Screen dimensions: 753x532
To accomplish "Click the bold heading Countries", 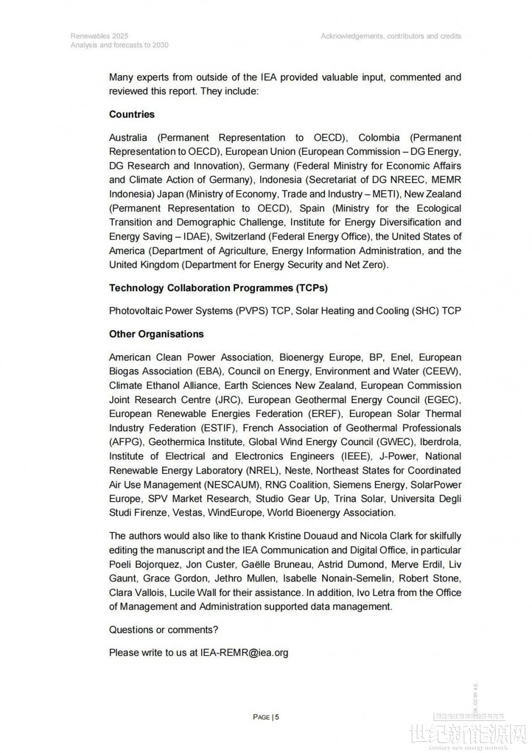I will (131, 114).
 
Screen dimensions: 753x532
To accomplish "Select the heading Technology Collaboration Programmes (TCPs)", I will (218, 288).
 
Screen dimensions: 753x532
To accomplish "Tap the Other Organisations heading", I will (156, 334).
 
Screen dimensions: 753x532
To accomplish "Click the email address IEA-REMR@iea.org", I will (244, 653).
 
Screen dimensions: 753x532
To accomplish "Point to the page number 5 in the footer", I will (277, 717).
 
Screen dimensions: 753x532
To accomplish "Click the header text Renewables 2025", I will (99, 36).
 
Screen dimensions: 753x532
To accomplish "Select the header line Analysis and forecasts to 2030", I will (119, 45).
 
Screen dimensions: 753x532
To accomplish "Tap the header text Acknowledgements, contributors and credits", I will (391, 36).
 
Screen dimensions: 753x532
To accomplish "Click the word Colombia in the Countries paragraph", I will (381, 137).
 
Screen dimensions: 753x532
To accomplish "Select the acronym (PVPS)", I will (252, 311).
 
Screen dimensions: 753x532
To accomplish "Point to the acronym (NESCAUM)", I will (232, 485).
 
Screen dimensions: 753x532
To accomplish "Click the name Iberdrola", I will (440, 442).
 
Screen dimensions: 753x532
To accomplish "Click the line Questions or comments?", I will (163, 630).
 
